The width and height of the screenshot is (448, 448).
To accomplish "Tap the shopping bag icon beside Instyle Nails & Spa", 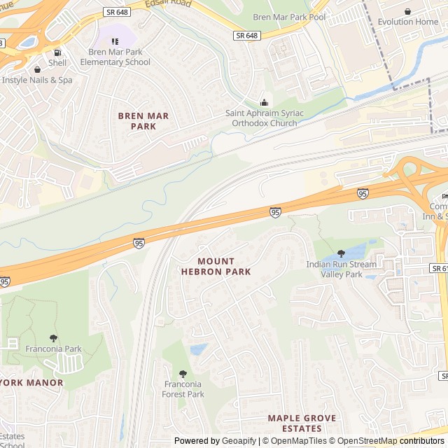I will point(36,69).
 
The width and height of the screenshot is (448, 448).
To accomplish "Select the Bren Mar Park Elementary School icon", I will point(115,42).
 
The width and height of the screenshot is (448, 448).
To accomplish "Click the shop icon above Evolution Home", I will point(408,11).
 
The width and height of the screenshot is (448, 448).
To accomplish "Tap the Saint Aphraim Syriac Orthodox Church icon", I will point(264,103).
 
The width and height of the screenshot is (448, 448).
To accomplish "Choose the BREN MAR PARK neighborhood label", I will point(143,121).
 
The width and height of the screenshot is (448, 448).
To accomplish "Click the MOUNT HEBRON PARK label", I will point(216,266).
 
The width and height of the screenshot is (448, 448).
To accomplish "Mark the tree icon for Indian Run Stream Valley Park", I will point(341,253).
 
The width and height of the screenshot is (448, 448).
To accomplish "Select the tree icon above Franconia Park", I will point(54,338).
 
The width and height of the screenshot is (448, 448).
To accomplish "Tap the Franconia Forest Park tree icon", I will point(183,374).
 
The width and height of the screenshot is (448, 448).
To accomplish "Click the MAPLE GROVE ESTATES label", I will point(302,423).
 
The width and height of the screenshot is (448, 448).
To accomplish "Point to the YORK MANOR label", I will point(31,383).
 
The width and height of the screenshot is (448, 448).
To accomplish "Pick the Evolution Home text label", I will point(407,22).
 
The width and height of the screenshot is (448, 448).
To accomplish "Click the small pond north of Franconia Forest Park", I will point(199,349).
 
